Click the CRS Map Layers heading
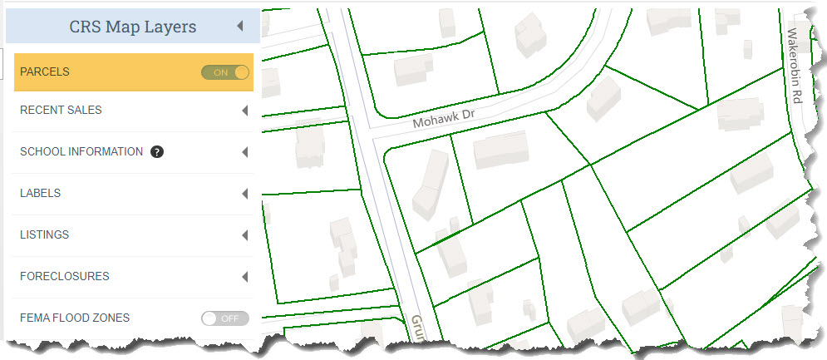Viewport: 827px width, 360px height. [133, 27]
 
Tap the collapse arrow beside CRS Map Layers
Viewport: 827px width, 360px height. [240, 27]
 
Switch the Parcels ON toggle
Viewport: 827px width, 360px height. [225, 72]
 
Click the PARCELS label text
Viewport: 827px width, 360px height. [45, 72]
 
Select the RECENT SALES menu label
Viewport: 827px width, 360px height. [61, 111]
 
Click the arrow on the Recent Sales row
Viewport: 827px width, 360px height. [244, 111]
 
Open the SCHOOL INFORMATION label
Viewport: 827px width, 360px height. [81, 152]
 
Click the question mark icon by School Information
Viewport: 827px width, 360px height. [156, 152]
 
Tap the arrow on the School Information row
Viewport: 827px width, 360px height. [244, 152]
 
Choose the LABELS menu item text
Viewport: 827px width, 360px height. [40, 194]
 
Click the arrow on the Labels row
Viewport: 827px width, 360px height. [244, 194]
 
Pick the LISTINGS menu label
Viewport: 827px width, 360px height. [44, 235]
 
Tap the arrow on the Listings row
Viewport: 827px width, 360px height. [244, 235]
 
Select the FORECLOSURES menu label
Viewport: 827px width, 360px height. [64, 277]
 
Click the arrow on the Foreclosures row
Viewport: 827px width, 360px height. [244, 277]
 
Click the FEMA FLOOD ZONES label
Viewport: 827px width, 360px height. [75, 318]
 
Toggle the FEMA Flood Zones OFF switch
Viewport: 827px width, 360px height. [225, 318]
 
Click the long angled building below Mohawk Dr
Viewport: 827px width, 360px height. [431, 185]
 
